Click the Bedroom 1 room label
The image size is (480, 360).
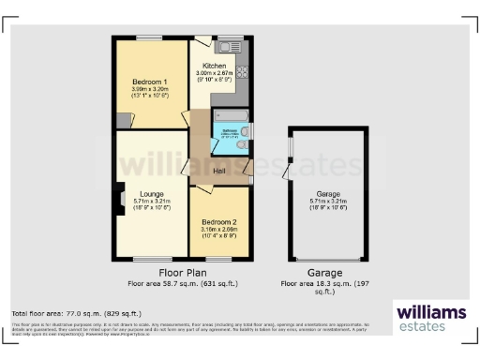point(150,82)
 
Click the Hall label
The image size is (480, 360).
point(219,171)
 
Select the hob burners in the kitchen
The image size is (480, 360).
point(241,72)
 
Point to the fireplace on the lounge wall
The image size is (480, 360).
point(119,197)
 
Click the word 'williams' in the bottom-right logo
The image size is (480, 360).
point(432,311)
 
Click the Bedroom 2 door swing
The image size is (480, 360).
point(202,189)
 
